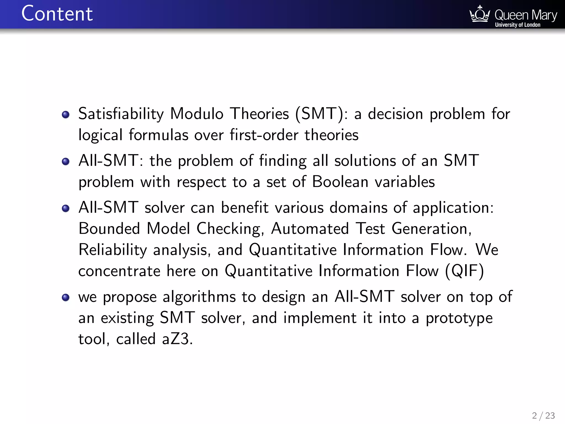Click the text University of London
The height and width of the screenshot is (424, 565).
(x=518, y=25)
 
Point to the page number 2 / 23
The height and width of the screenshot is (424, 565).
(x=543, y=415)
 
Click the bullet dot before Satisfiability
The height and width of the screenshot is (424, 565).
(x=66, y=114)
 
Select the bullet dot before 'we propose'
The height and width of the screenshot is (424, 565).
(x=66, y=297)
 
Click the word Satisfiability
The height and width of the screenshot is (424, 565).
(x=121, y=114)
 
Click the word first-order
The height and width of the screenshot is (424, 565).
(x=264, y=135)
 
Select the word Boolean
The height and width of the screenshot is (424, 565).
(x=340, y=182)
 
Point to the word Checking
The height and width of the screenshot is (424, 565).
(x=228, y=229)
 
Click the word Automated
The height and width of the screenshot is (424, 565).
(x=310, y=229)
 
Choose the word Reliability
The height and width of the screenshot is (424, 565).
(x=113, y=250)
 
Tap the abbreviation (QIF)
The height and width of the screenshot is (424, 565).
(x=465, y=271)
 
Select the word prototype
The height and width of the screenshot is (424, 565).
(x=459, y=318)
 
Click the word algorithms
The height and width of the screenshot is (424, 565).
(x=199, y=297)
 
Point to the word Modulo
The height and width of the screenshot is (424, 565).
(x=197, y=114)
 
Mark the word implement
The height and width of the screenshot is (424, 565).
(x=320, y=318)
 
